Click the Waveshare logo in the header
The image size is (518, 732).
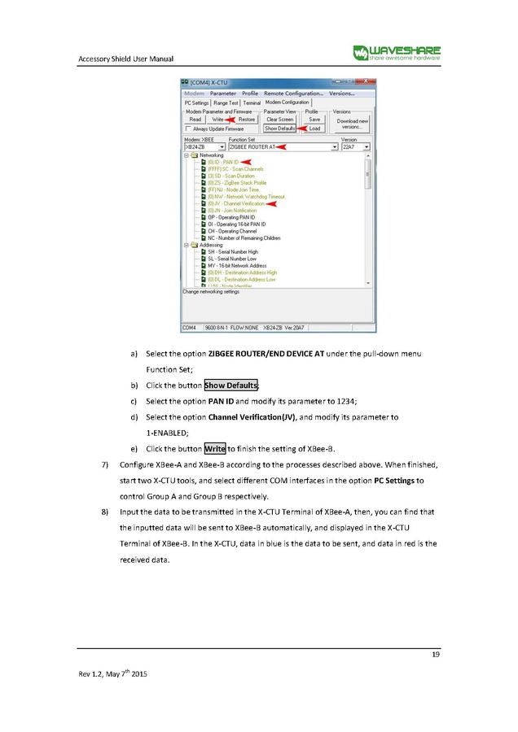(396, 53)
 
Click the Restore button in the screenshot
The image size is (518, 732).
(246, 120)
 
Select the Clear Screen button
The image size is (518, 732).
(279, 120)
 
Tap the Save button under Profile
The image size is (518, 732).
(314, 120)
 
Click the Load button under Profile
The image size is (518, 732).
(314, 129)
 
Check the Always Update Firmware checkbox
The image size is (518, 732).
(189, 129)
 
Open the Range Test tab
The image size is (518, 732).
(226, 103)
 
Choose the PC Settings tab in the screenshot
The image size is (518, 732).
(197, 103)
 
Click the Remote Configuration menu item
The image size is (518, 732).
(293, 94)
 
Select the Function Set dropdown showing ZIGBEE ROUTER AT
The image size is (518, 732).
(283, 147)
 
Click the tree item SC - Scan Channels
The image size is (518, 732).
(236, 169)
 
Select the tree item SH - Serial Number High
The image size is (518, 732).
(233, 252)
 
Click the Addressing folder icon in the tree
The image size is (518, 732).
(194, 245)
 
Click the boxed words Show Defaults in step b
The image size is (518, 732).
(231, 385)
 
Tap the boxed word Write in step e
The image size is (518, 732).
(215, 448)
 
